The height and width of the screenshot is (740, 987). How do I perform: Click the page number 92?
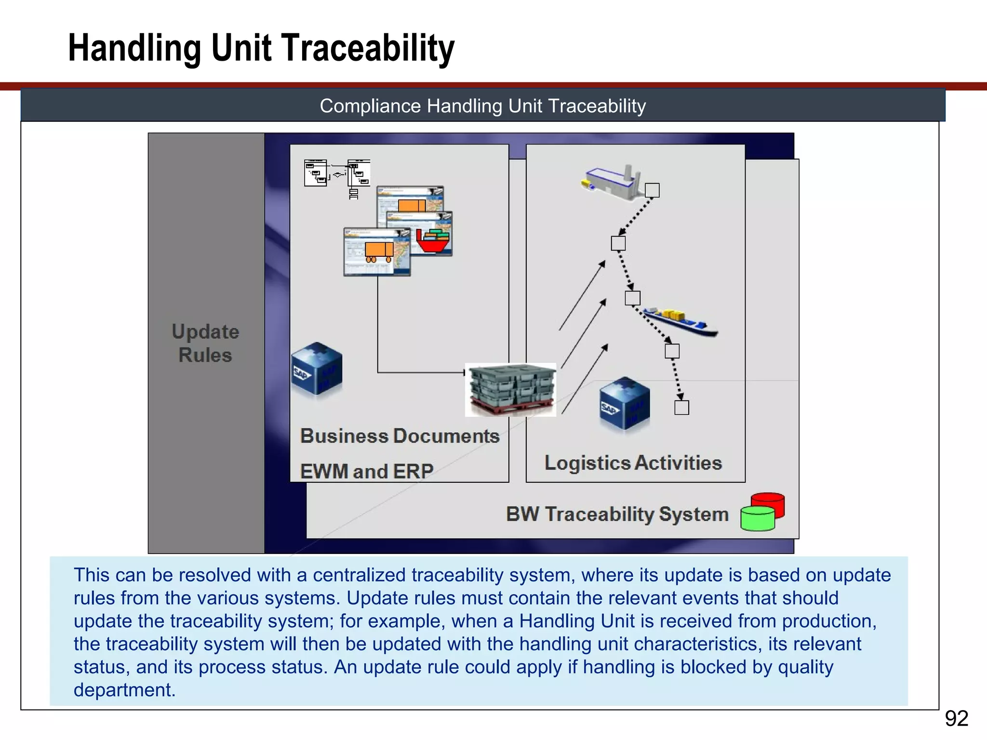coord(956,719)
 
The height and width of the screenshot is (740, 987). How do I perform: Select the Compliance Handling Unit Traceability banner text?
coord(482,106)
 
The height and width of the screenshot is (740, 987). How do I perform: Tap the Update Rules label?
coord(205,343)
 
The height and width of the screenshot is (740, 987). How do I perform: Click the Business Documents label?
coord(400,436)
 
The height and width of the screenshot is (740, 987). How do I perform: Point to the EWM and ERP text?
coord(366,471)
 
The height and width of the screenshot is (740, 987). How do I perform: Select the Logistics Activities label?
coord(633,463)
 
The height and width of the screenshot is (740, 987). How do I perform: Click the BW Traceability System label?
coord(617,514)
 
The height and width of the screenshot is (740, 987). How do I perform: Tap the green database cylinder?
coord(757,519)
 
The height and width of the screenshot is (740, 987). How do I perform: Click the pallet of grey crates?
coord(511,389)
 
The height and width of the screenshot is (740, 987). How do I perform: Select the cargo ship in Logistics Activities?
coord(680,322)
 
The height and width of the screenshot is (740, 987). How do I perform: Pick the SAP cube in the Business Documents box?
coord(317,369)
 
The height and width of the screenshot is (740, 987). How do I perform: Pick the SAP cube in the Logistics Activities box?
coord(625,403)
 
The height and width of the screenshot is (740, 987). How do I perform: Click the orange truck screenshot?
coord(377,251)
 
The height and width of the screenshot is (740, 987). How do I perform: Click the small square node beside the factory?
coord(652,190)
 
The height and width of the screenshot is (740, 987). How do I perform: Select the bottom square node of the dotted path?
coord(681,408)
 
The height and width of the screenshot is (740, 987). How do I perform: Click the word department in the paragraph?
coord(124,690)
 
